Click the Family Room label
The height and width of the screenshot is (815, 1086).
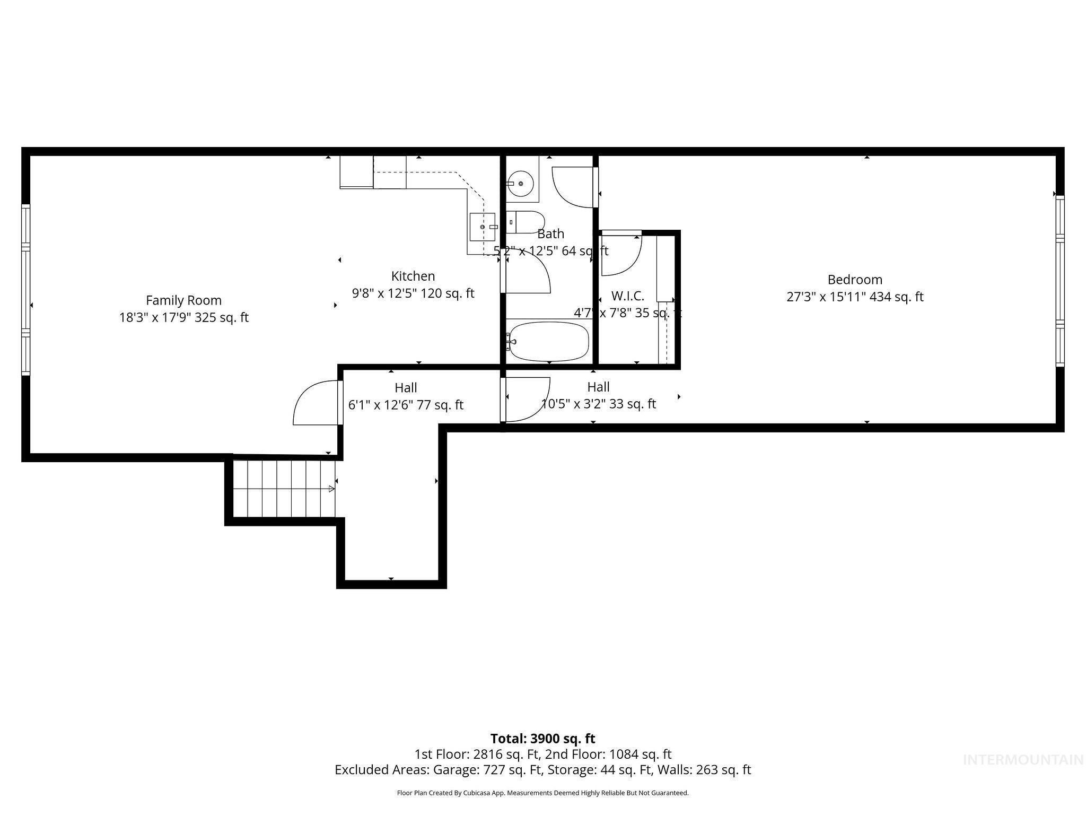(x=183, y=300)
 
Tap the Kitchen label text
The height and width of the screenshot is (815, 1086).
(x=413, y=276)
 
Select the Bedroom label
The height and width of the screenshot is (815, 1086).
(x=854, y=280)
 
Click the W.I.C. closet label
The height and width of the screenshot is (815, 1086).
(x=627, y=296)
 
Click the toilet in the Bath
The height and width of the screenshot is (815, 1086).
(x=526, y=222)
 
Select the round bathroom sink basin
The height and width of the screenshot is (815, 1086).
(x=521, y=183)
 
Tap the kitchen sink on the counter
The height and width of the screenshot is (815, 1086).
(x=482, y=227)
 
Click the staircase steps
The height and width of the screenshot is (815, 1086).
(x=284, y=489)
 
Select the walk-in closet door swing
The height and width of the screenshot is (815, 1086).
(x=620, y=254)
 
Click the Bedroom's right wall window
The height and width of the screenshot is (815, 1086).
(x=1059, y=281)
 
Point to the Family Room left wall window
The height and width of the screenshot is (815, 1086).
(x=25, y=289)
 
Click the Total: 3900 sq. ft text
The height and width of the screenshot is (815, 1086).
(x=542, y=739)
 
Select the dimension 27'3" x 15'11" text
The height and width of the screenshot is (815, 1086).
(x=854, y=297)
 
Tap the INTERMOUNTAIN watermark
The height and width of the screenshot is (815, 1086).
(x=1023, y=760)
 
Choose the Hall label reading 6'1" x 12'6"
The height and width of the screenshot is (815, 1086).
(x=406, y=405)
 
